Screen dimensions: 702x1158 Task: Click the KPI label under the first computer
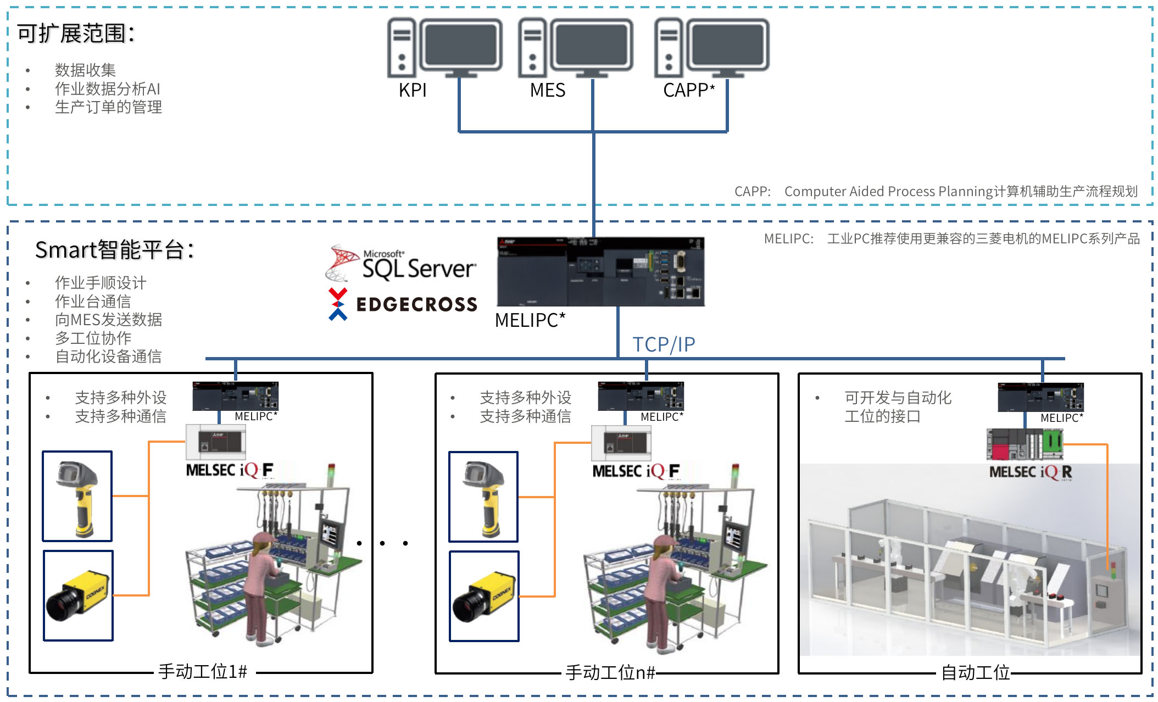point(413,90)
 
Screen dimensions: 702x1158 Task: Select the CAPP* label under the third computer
point(689,90)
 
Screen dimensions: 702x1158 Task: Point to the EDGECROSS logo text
point(416,304)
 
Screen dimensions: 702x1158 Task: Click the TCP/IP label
point(664,344)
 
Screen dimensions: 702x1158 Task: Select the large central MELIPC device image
point(600,271)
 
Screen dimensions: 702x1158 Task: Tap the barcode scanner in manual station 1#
point(77,497)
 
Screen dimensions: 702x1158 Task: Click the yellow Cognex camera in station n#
point(484,597)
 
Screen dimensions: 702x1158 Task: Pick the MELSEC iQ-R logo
point(1031,472)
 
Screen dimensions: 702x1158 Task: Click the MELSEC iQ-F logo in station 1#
point(230,471)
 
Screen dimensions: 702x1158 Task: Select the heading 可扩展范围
point(76,34)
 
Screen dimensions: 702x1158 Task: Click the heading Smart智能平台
point(114,250)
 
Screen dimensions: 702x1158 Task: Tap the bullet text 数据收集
point(85,70)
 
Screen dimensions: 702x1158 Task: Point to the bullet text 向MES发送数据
point(108,320)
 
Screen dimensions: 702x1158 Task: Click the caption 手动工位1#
point(203,671)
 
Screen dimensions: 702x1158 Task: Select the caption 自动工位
point(975,672)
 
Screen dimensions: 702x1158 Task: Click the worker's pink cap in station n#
point(665,541)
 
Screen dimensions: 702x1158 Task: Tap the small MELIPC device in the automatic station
point(1040,397)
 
